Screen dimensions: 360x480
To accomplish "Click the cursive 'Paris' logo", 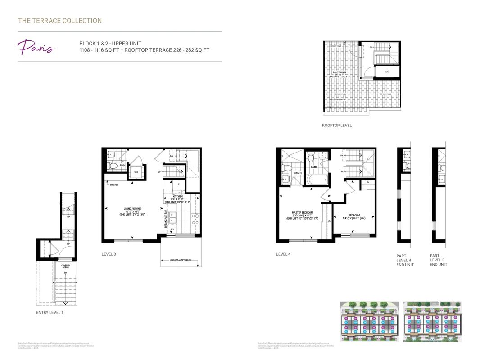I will pos(36,47).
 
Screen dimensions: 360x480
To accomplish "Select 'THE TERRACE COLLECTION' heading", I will pos(60,21).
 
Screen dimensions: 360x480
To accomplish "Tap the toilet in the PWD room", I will pos(113,166).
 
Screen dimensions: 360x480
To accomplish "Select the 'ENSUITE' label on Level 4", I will pos(297,173).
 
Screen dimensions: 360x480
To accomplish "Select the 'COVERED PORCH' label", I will pos(65,266).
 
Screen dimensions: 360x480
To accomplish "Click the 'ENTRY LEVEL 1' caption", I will pos(50,312).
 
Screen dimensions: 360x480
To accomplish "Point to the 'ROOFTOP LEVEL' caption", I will pos(337,126).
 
